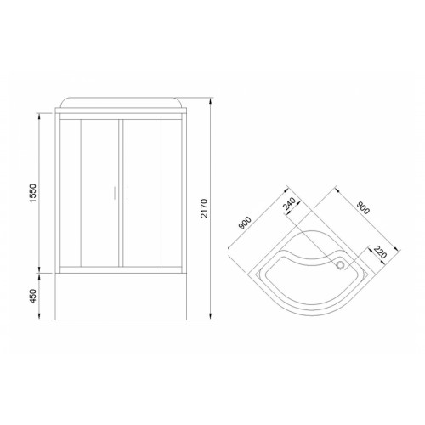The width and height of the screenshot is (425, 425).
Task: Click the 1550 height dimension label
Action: (x=33, y=193)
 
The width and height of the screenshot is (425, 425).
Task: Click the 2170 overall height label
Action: (x=204, y=208)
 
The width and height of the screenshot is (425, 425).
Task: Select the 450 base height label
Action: (x=33, y=297)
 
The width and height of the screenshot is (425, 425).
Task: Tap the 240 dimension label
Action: (x=290, y=204)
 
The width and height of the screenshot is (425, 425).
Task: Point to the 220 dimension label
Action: (x=380, y=252)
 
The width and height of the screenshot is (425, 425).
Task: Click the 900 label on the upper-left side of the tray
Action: (x=245, y=223)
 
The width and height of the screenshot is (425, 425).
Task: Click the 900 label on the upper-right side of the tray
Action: (x=363, y=207)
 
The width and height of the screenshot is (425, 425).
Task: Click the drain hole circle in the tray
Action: (x=340, y=265)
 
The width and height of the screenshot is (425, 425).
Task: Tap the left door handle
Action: (x=114, y=193)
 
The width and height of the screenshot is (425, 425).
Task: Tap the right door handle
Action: (x=127, y=193)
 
